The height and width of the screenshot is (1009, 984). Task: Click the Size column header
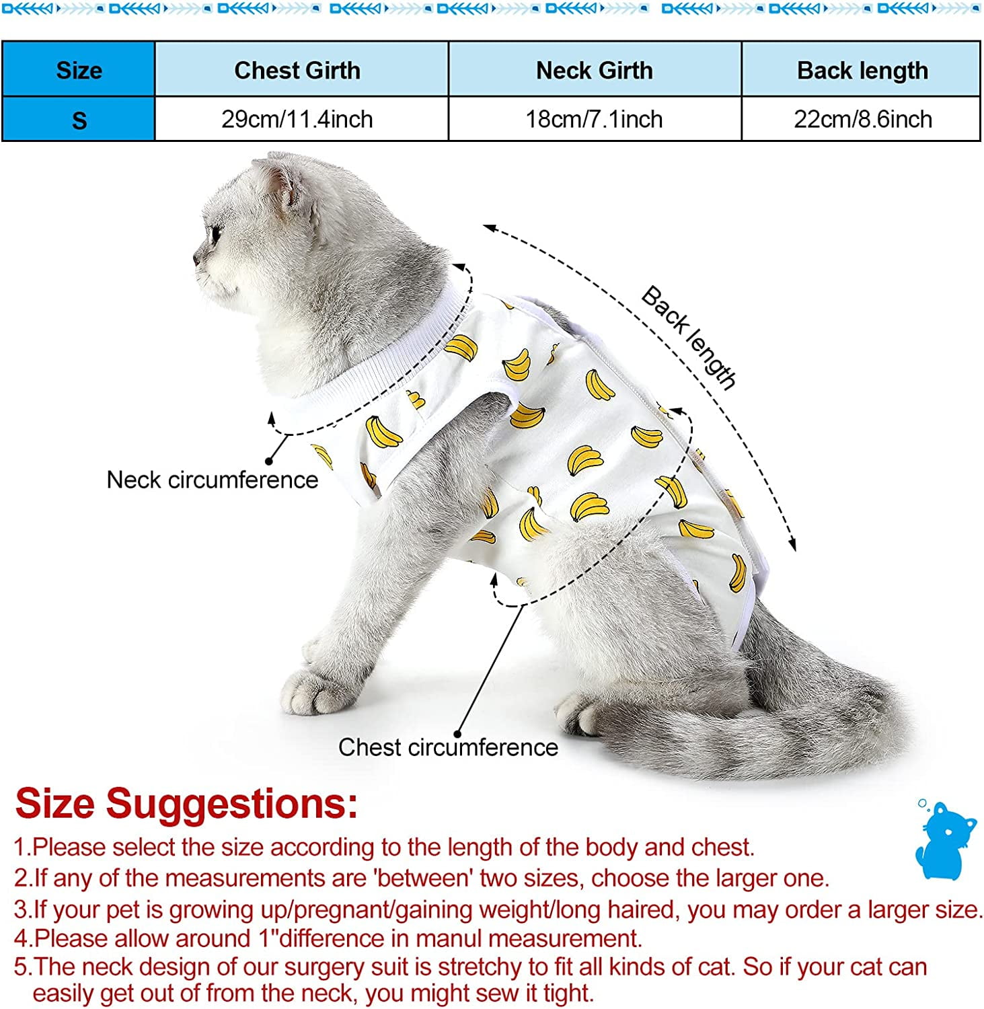79,70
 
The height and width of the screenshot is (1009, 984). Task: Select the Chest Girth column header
297,70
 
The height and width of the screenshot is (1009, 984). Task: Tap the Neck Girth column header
594,70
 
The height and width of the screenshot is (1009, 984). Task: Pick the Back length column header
862,70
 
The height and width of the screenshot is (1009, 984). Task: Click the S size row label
79,120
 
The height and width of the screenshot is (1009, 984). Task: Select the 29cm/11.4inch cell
297,119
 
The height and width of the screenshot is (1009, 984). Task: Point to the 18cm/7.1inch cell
594,119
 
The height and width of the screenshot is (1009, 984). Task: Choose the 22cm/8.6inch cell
862,119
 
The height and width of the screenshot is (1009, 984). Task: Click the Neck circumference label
212,480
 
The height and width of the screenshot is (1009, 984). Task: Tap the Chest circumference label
448,747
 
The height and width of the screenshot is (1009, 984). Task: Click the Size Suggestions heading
186,803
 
